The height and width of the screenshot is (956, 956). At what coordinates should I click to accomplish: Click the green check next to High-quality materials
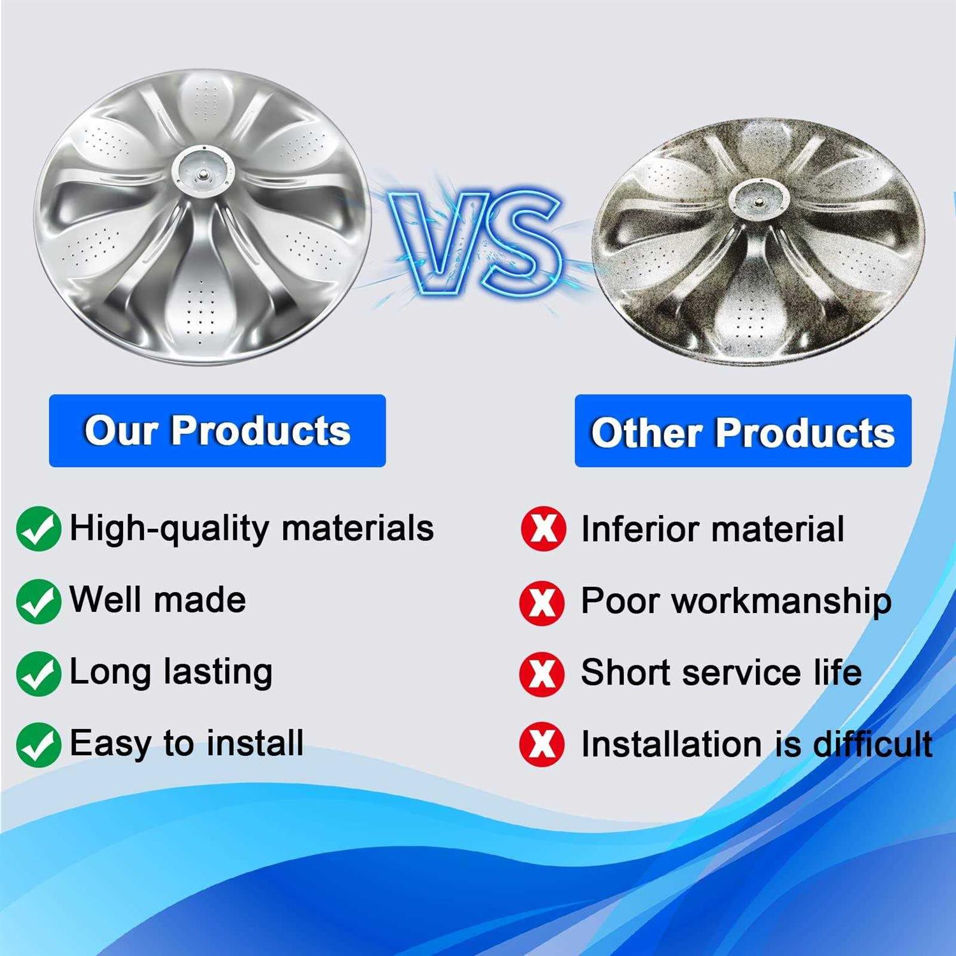pyautogui.click(x=39, y=528)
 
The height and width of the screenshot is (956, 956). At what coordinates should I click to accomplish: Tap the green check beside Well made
pyautogui.click(x=39, y=601)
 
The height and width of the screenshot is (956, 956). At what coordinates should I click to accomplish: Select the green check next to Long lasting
pyautogui.click(x=39, y=673)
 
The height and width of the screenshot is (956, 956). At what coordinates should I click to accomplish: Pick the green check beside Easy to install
pyautogui.click(x=39, y=744)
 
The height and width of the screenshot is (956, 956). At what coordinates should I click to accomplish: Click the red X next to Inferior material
pyautogui.click(x=543, y=529)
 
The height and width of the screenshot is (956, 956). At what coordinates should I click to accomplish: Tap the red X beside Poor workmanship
pyautogui.click(x=542, y=602)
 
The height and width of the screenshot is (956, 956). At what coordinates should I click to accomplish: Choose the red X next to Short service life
pyautogui.click(x=542, y=674)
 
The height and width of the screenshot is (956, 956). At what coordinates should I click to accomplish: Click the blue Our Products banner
pyautogui.click(x=217, y=431)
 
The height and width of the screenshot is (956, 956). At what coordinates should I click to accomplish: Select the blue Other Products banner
pyautogui.click(x=743, y=431)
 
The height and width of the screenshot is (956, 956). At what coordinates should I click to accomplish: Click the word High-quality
pyautogui.click(x=170, y=529)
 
